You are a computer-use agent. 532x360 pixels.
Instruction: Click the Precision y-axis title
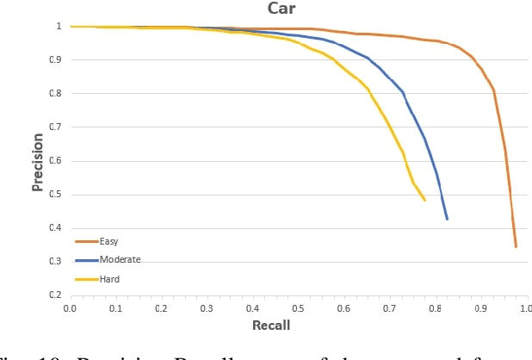pyautogui.click(x=38, y=160)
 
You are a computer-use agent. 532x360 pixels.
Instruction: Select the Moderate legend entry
pyautogui.click(x=119, y=259)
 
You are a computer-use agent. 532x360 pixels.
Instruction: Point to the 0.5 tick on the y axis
pyautogui.click(x=54, y=195)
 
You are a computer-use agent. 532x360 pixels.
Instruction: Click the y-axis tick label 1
pyautogui.click(x=59, y=27)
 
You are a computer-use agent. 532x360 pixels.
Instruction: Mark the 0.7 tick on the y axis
pyautogui.click(x=54, y=127)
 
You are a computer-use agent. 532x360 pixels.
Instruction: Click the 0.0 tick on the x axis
pyautogui.click(x=71, y=307)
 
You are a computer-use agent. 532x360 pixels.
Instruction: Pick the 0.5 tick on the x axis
pyautogui.click(x=298, y=307)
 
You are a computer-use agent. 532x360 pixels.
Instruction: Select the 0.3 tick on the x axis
pyautogui.click(x=207, y=307)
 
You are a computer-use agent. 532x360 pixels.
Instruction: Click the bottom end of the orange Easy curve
pyautogui.click(x=516, y=246)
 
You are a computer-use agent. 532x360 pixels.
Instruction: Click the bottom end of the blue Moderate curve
pyautogui.click(x=447, y=219)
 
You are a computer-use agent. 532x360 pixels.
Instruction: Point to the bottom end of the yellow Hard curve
pyautogui.click(x=424, y=201)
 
